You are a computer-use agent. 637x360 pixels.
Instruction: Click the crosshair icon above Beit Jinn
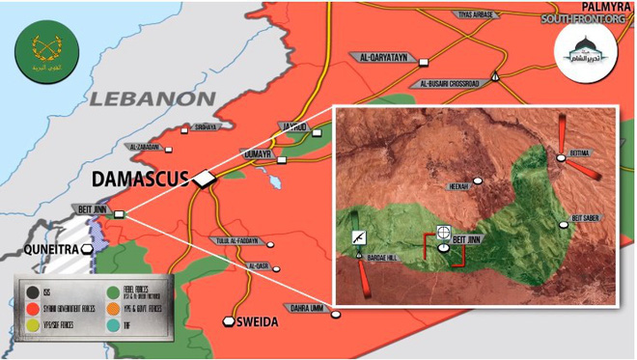[x=444, y=232]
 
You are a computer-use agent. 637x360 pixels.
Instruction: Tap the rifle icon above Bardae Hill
[x=358, y=236]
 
